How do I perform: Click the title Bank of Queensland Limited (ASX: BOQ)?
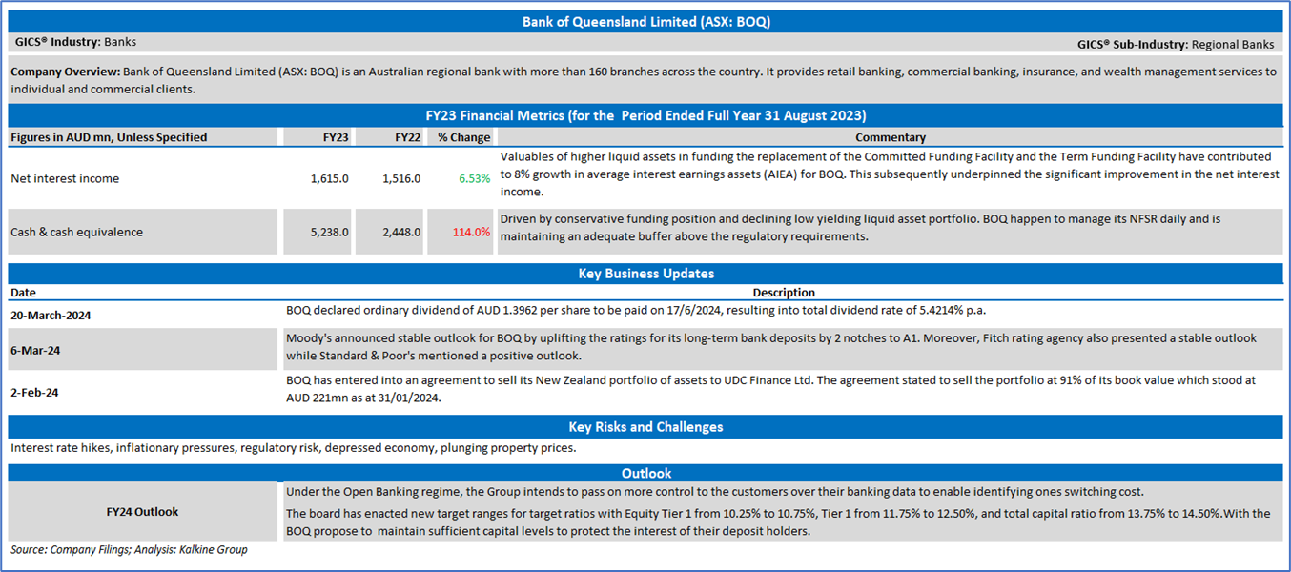click(646, 22)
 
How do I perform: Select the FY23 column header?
click(336, 137)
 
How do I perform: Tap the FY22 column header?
click(407, 137)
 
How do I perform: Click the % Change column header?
click(463, 137)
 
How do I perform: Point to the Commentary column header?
click(891, 137)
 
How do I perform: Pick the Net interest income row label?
click(65, 178)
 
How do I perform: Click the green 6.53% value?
click(474, 178)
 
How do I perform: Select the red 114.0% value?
click(471, 233)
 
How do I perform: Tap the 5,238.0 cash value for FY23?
click(330, 233)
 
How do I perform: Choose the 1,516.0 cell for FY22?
click(401, 178)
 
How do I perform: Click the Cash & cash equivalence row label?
click(76, 233)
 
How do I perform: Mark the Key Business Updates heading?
click(646, 274)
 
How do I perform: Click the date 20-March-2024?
click(51, 316)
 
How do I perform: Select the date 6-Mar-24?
click(35, 351)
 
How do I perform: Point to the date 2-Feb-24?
click(34, 393)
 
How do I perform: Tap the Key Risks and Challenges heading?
click(646, 427)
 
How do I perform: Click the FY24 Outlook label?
click(142, 512)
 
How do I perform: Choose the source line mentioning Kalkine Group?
click(129, 549)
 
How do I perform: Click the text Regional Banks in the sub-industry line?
click(1233, 45)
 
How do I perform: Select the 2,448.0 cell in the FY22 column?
click(401, 233)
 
